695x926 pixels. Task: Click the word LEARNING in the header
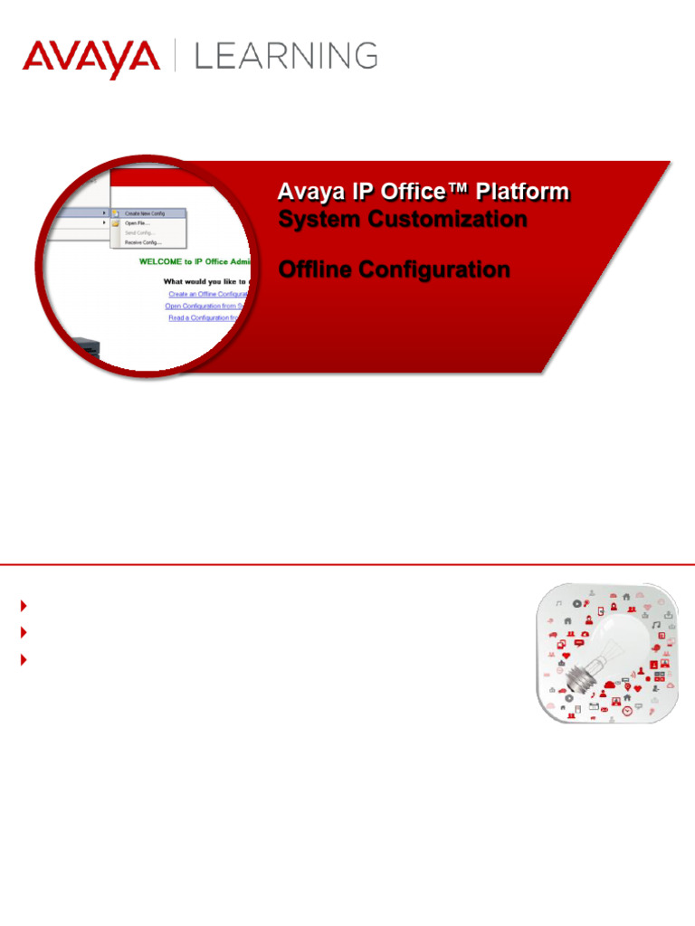(286, 56)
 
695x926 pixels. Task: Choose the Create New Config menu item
(145, 213)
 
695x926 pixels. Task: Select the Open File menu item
(137, 222)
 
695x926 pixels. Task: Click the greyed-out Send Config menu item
(140, 232)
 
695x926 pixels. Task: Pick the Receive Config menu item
(143, 242)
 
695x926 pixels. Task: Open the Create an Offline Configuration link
(208, 294)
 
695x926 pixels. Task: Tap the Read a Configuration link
(209, 317)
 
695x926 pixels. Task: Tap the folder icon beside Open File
(116, 222)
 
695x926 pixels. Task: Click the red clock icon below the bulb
(628, 712)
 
